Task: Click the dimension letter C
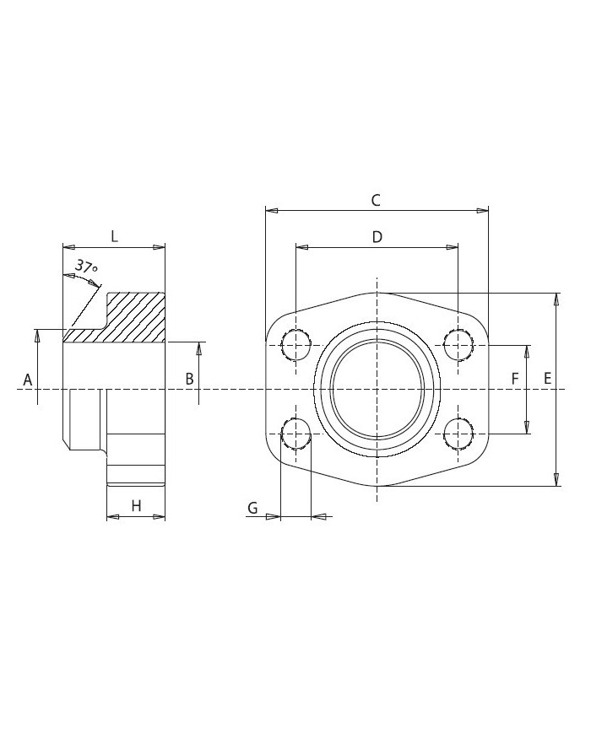coord(376,200)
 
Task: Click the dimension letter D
coord(377,237)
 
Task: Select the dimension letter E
coord(548,380)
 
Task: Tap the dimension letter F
coord(515,380)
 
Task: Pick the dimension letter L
coord(115,236)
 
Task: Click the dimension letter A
coord(27,380)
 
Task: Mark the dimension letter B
coord(190,380)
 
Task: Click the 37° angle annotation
coord(86,267)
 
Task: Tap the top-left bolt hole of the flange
coord(296,344)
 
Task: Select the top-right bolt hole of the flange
coord(458,344)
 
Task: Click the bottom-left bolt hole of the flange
coord(296,434)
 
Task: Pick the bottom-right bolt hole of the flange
coord(458,434)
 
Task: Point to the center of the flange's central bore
coord(377,389)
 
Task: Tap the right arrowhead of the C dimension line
coord(484,210)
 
